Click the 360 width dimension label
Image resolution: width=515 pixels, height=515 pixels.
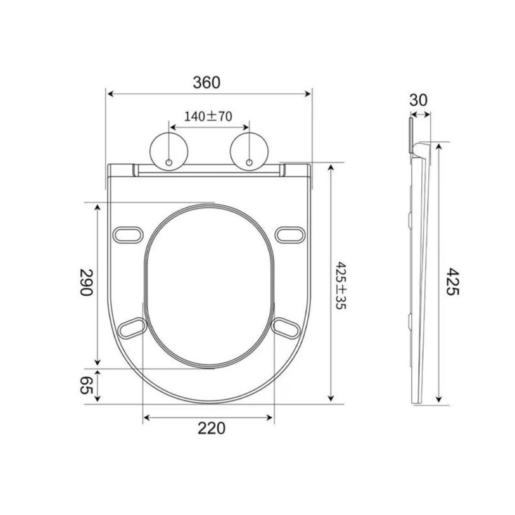pos(207,82)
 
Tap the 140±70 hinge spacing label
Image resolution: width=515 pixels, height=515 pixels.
pos(208,117)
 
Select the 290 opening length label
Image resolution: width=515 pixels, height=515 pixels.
pos(87,283)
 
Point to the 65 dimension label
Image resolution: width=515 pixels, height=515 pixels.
pos(87,385)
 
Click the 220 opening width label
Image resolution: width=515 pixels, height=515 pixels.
pos(212,428)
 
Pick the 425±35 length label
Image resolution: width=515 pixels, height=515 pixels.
pos(341,286)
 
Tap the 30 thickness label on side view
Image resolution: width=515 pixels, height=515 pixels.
pos(419,100)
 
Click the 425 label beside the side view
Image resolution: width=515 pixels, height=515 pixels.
pos(452,281)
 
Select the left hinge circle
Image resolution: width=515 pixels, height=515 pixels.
pos(169,151)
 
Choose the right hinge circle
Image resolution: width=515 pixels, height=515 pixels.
pos(250,151)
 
